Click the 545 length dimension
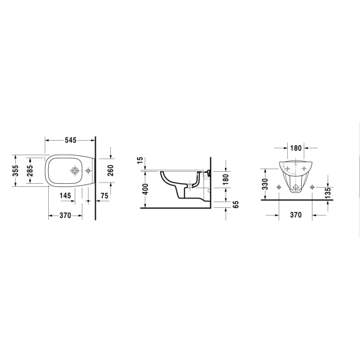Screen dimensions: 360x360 coord(70,140)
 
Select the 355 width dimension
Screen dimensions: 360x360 coord(15,170)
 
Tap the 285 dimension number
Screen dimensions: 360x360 coord(29,170)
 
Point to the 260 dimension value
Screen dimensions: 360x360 coord(110,170)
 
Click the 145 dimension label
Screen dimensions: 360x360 coord(65,196)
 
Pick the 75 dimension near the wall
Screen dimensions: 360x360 coord(104,196)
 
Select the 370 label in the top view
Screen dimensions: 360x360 coord(65,215)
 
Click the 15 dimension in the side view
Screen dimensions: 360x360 coord(140,160)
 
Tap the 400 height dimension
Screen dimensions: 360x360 coord(145,189)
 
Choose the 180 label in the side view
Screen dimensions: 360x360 coord(226,179)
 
